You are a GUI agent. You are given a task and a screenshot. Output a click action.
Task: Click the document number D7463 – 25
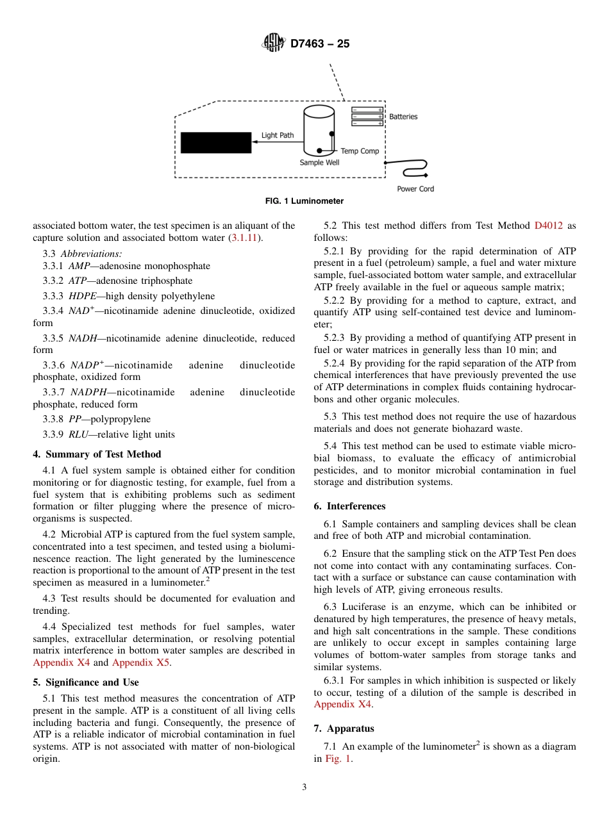tap(320, 44)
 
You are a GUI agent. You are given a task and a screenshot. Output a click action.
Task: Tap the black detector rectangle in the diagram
tap(215, 143)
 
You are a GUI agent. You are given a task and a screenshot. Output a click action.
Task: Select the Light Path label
tap(278, 135)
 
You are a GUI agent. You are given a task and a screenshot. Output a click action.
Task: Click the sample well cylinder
tap(319, 131)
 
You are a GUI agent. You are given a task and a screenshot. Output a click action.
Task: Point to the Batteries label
tap(403, 117)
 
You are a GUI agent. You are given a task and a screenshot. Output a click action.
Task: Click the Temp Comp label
tap(360, 151)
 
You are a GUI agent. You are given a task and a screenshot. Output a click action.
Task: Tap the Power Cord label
tap(415, 189)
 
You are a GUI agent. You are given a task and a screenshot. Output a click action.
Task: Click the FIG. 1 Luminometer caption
tap(304, 201)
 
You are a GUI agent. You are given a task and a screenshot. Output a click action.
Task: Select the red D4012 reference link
tap(548, 226)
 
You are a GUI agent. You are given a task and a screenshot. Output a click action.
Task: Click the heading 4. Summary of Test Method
tap(97, 454)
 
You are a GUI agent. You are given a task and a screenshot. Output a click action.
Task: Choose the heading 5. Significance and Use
tap(86, 682)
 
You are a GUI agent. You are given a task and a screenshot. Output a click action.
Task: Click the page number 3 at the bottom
tap(304, 787)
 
